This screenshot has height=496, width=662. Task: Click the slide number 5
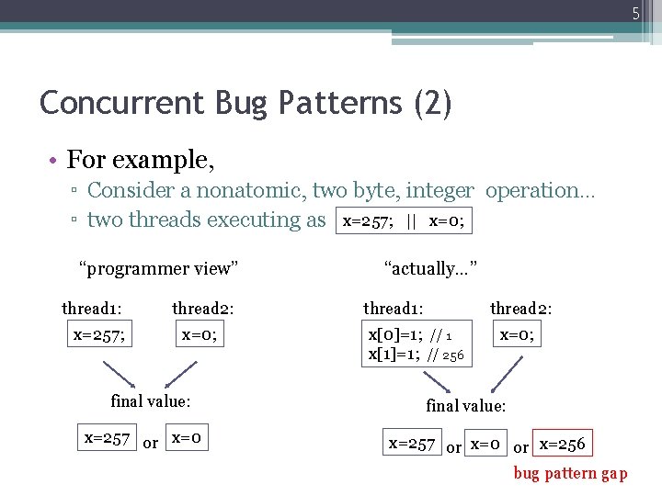[634, 13]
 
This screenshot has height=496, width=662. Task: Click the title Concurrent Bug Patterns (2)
[245, 102]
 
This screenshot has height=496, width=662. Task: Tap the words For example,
[141, 160]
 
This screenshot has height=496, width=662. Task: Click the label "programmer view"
[158, 268]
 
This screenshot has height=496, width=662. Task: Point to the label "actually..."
[430, 268]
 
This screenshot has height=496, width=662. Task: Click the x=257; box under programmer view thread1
[99, 334]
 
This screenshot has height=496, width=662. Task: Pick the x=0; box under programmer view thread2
[200, 334]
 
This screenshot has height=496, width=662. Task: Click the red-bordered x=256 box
[561, 444]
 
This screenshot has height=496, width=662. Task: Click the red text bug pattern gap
[570, 474]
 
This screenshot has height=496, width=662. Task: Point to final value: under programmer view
[150, 400]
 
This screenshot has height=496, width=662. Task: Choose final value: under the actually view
[465, 405]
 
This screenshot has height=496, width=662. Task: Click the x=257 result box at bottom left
[107, 438]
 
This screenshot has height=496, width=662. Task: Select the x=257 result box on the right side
[411, 444]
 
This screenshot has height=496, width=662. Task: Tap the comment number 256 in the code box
[453, 355]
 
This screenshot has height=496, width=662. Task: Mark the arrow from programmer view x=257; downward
[119, 375]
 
